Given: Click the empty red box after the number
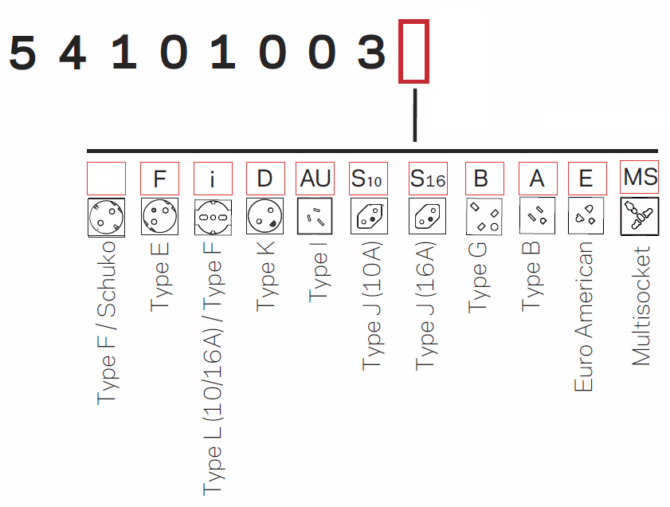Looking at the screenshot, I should click(413, 51).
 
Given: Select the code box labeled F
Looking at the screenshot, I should click(159, 179).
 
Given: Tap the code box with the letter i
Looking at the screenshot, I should click(213, 179).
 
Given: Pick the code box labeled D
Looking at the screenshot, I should click(265, 179).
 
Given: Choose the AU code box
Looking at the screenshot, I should click(315, 179).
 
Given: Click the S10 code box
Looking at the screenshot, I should click(368, 179).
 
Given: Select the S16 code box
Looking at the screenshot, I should click(427, 179).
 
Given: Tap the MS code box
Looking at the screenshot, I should click(640, 177).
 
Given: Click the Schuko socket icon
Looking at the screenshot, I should click(107, 217).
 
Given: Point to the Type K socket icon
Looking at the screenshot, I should click(265, 216).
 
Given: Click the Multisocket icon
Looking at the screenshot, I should click(640, 216).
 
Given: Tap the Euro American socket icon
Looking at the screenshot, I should click(586, 216).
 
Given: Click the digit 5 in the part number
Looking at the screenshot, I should click(23, 54).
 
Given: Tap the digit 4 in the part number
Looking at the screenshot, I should click(72, 54).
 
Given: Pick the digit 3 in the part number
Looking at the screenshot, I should click(371, 54).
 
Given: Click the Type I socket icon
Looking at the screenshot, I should click(315, 216).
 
